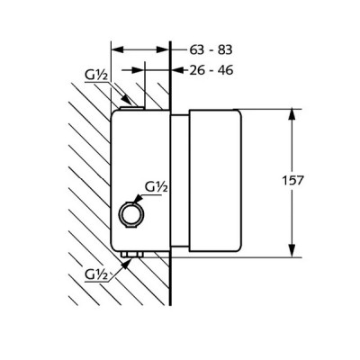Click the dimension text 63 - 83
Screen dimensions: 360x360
point(211,49)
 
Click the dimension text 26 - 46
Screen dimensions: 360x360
point(211,70)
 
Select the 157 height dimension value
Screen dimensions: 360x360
point(292,180)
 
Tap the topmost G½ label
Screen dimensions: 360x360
point(96,76)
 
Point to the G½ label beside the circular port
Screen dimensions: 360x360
point(156,187)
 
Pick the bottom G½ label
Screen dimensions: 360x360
point(96,274)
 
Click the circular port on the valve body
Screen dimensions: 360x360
point(131,214)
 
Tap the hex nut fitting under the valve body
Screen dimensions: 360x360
point(131,255)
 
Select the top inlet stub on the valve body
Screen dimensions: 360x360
point(132,108)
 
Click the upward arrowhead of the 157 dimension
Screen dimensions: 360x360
point(292,115)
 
